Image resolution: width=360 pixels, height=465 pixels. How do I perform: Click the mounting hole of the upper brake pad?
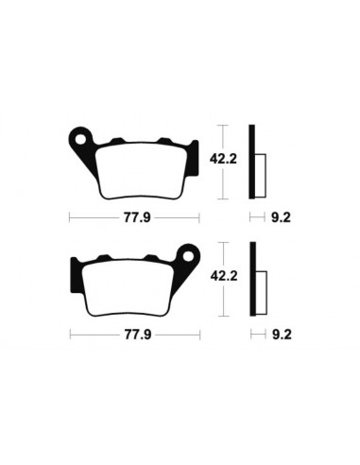click(x=87, y=139)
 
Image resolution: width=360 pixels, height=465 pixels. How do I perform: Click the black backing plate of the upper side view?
click(x=252, y=162)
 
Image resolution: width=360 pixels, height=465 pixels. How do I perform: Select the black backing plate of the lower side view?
click(x=252, y=280)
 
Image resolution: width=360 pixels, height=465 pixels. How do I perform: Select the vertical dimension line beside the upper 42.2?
click(x=219, y=162)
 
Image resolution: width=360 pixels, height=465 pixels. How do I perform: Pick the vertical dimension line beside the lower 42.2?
click(x=219, y=280)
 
